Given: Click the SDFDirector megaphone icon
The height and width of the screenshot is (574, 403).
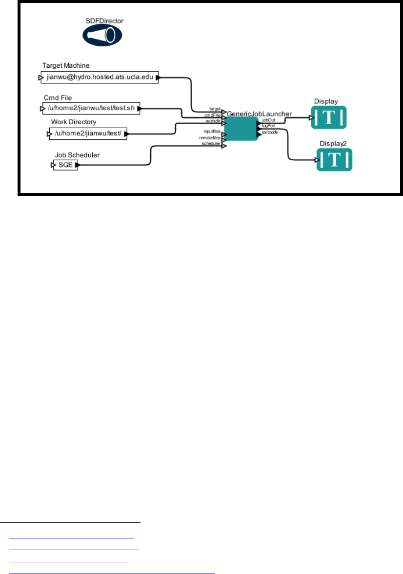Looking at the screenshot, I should tap(102, 35).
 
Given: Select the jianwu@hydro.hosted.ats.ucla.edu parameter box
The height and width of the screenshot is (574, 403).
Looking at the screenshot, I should tap(100, 77).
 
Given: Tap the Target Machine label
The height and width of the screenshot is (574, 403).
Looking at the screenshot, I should tap(66, 65).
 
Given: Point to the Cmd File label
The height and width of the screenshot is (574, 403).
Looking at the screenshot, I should tap(58, 98).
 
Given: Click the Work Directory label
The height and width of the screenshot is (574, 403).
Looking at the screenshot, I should tap(74, 122).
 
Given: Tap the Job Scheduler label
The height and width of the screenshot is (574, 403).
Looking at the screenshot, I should tap(77, 155).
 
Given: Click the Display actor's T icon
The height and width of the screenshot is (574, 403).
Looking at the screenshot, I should tap(329, 117).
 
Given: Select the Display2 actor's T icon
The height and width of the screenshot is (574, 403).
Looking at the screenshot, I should tap(335, 160).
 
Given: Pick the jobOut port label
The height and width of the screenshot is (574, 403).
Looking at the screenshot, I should tap(268, 119).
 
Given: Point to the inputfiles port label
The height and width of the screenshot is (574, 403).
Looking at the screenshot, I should tap(212, 132).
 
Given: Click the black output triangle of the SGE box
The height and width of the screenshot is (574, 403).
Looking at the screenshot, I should tap(77, 165).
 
